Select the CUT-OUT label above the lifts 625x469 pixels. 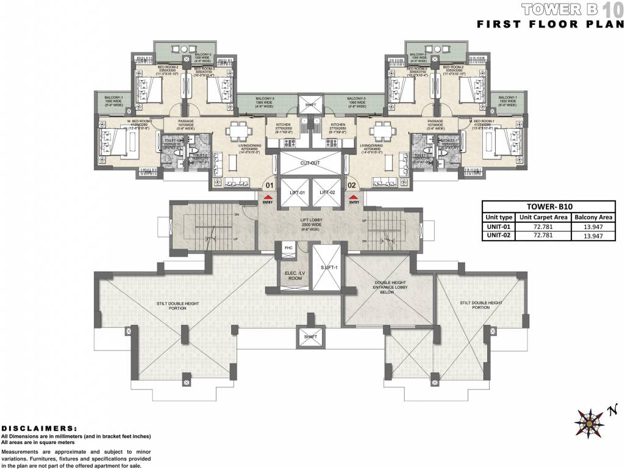coord(310,164)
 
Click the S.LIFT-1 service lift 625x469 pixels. coord(325,267)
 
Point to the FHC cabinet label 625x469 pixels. coord(288,249)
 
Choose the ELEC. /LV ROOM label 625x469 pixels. coord(290,275)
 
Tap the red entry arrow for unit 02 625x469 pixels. coord(353,197)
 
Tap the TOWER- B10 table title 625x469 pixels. coord(549,206)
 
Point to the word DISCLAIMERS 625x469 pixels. coord(40,428)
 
